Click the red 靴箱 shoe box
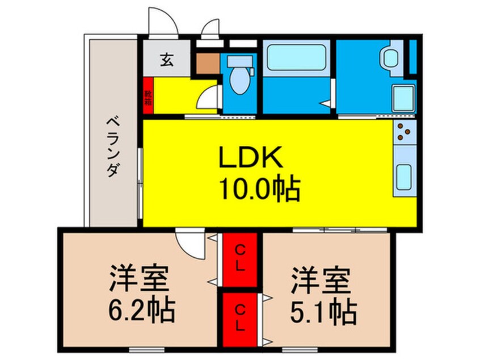[148, 97]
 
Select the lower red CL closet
[240, 319]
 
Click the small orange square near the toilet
[207, 64]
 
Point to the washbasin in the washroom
[390, 57]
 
